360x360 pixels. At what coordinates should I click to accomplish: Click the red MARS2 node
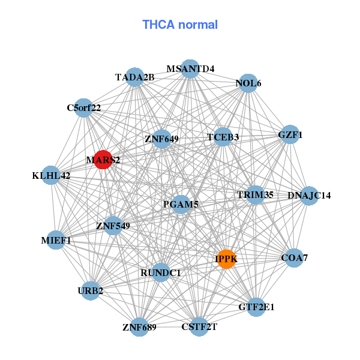point(103,160)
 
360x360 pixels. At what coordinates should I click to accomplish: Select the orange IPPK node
point(226,259)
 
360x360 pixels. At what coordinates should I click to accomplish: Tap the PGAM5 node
point(181,205)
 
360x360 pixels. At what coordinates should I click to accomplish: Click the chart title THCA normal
point(180,25)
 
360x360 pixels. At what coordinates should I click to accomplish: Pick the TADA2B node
point(135,77)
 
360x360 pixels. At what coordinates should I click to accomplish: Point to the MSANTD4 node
point(190,68)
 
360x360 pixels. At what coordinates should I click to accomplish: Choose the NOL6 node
point(248,84)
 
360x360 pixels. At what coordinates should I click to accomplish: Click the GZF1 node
point(290,136)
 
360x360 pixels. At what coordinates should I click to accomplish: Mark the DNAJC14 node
point(308,196)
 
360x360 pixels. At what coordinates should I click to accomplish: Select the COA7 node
point(294,258)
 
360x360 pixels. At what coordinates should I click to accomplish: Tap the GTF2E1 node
point(256,307)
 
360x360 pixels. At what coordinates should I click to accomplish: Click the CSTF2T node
point(199,327)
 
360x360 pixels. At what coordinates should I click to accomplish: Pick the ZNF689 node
point(139,327)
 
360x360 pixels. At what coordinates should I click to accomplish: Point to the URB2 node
point(91,291)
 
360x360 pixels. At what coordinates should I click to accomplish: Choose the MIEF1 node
point(56,241)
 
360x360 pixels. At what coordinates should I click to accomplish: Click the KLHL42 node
point(52,176)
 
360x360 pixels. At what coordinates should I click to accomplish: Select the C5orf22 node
point(84,109)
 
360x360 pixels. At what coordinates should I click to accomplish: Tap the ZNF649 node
point(162,139)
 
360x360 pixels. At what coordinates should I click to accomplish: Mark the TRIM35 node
point(255,195)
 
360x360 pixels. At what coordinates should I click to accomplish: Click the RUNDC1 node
point(161,272)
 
